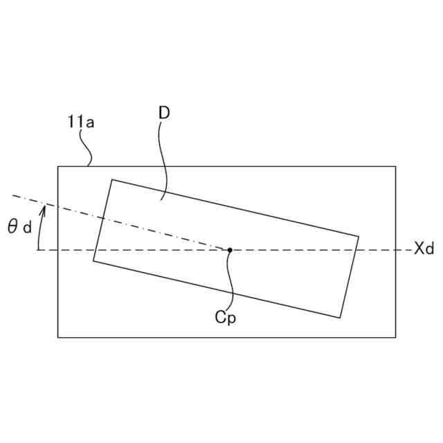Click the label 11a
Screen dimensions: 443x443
pos(81,122)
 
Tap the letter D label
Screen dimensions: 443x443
pos(164,112)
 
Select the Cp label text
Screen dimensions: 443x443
pos(225,318)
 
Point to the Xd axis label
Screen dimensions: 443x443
pos(424,249)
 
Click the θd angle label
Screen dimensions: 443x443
pos(20,226)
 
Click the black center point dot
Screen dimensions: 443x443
pos(230,249)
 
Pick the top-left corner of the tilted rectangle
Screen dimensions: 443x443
pos(112,179)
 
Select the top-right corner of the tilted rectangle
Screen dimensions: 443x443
pos(359,237)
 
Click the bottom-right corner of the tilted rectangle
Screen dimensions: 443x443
pos(340,318)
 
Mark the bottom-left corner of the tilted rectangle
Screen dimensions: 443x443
pos(93,260)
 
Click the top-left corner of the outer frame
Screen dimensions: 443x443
pos(57,166)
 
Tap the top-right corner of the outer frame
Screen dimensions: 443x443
pos(395,166)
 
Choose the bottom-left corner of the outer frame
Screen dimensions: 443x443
pos(57,337)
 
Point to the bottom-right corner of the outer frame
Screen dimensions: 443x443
pos(395,337)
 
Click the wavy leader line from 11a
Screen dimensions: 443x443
pos(86,147)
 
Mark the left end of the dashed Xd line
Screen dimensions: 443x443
pos(38,249)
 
